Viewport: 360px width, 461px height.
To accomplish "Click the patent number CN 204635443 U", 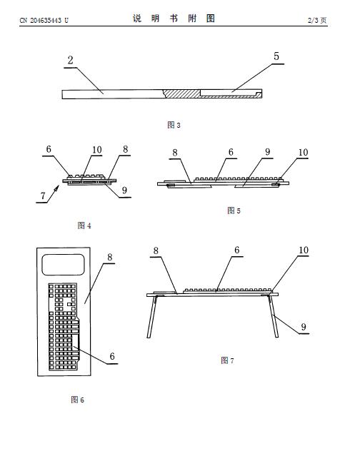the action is [44, 20].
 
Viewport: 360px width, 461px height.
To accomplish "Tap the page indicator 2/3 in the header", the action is [313, 20].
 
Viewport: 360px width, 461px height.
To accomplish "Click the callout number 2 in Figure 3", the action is [70, 60].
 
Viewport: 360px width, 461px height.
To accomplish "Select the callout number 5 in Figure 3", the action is [276, 56].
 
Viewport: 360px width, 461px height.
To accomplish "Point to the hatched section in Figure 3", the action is [181, 93].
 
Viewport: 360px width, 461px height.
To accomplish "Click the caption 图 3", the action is [174, 125].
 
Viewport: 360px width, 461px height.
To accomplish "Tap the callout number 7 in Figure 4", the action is [43, 196].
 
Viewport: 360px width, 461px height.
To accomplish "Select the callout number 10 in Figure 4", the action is [97, 150].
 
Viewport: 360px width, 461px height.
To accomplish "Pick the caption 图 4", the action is [84, 226].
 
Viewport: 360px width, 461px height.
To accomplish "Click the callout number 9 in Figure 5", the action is [267, 152].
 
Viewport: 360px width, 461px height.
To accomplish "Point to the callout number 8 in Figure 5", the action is [175, 153].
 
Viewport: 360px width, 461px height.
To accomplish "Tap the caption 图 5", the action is [234, 211].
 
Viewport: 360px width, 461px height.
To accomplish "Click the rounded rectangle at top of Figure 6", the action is [64, 265].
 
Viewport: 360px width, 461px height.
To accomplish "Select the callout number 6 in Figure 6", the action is [112, 356].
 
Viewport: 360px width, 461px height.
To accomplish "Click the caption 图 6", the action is [77, 400].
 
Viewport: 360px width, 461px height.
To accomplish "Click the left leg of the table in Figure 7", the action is [152, 317].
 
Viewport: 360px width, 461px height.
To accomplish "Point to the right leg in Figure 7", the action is [274, 316].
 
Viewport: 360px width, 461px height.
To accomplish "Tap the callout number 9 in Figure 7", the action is [304, 327].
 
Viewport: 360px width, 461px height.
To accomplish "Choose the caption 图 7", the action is [227, 360].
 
